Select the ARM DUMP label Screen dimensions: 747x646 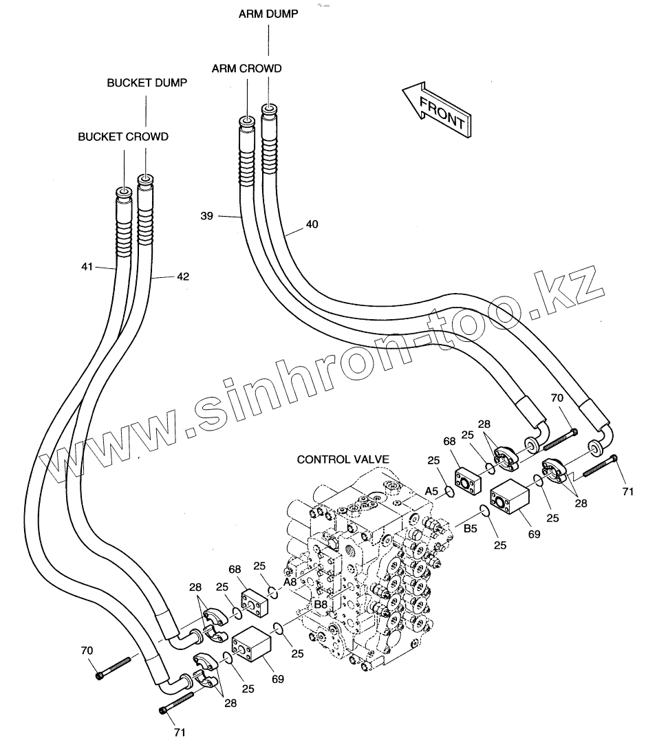coord(268,14)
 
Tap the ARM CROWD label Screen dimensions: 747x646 coord(246,68)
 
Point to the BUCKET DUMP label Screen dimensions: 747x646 coord(147,83)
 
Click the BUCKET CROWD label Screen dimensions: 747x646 coord(123,136)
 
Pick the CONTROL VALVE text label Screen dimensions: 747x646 coord(343,459)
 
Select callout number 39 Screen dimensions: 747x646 coord(206,216)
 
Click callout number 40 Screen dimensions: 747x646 coord(312,224)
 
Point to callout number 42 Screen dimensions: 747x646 coord(182,277)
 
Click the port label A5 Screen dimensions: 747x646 coord(431,491)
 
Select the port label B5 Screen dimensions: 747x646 coord(471,528)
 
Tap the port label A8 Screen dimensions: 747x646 coord(290,581)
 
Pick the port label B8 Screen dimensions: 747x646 coord(320,604)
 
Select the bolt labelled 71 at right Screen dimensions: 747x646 coord(599,469)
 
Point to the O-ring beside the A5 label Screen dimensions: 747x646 coord(449,491)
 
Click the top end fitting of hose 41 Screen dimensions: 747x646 coord(123,193)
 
